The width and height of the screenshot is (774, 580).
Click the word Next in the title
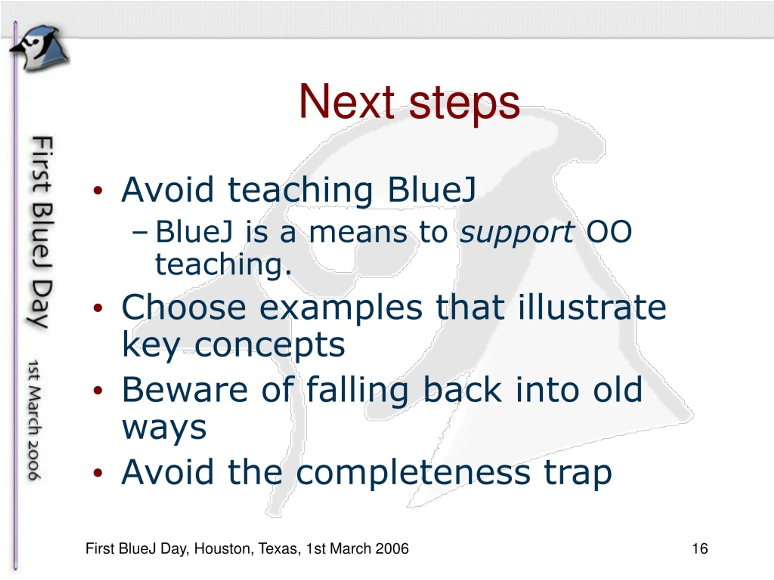pyautogui.click(x=346, y=102)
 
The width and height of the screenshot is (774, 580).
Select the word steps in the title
pyautogui.click(x=464, y=105)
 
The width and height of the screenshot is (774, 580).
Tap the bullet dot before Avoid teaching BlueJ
pyautogui.click(x=98, y=191)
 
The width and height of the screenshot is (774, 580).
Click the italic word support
pyautogui.click(x=517, y=233)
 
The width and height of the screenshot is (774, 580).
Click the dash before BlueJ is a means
pyautogui.click(x=141, y=233)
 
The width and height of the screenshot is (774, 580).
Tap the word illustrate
pyautogui.click(x=592, y=307)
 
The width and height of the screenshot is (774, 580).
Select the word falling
pyautogui.click(x=357, y=391)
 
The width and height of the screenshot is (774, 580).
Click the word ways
pyautogui.click(x=164, y=430)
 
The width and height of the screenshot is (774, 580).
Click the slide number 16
pyautogui.click(x=700, y=548)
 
